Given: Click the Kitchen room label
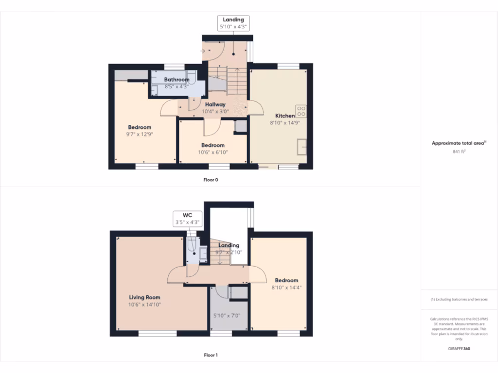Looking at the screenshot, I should tap(285, 116).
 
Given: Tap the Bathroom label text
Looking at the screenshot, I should tap(177, 80).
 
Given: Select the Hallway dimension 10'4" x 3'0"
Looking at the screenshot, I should tap(215, 111).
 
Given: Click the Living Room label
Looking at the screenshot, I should tap(144, 297).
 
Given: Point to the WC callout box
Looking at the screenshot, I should tap(187, 218).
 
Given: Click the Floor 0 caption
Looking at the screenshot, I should tap(211, 180).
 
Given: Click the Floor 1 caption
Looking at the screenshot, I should tap(211, 355).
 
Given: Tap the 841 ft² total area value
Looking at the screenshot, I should tap(459, 152).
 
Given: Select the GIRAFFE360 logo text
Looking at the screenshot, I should tap(460, 348).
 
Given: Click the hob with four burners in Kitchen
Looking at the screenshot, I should tap(301, 111).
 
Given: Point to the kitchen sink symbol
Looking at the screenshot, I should tap(302, 146).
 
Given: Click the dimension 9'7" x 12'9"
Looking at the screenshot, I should tap(140, 134).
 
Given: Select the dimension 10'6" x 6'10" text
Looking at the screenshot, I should tap(213, 152).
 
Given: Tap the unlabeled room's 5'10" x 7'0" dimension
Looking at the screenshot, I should tap(227, 315).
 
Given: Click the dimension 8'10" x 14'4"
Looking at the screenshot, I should tap(286, 287).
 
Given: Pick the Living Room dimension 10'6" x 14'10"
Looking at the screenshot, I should tap(144, 305).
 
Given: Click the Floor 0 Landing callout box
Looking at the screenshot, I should tap(234, 23).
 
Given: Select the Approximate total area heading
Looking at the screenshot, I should tap(459, 143).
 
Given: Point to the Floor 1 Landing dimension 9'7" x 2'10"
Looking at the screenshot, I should tap(229, 253).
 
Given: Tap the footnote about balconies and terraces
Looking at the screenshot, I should tap(459, 299).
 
